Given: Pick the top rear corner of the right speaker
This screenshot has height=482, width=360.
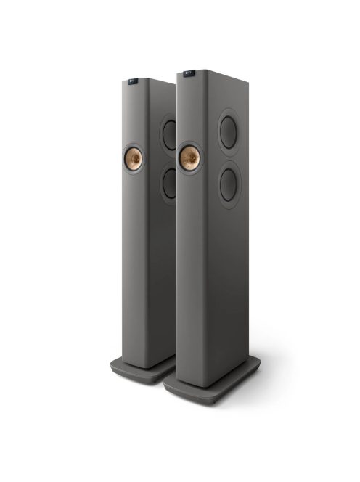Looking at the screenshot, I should [247, 75].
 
